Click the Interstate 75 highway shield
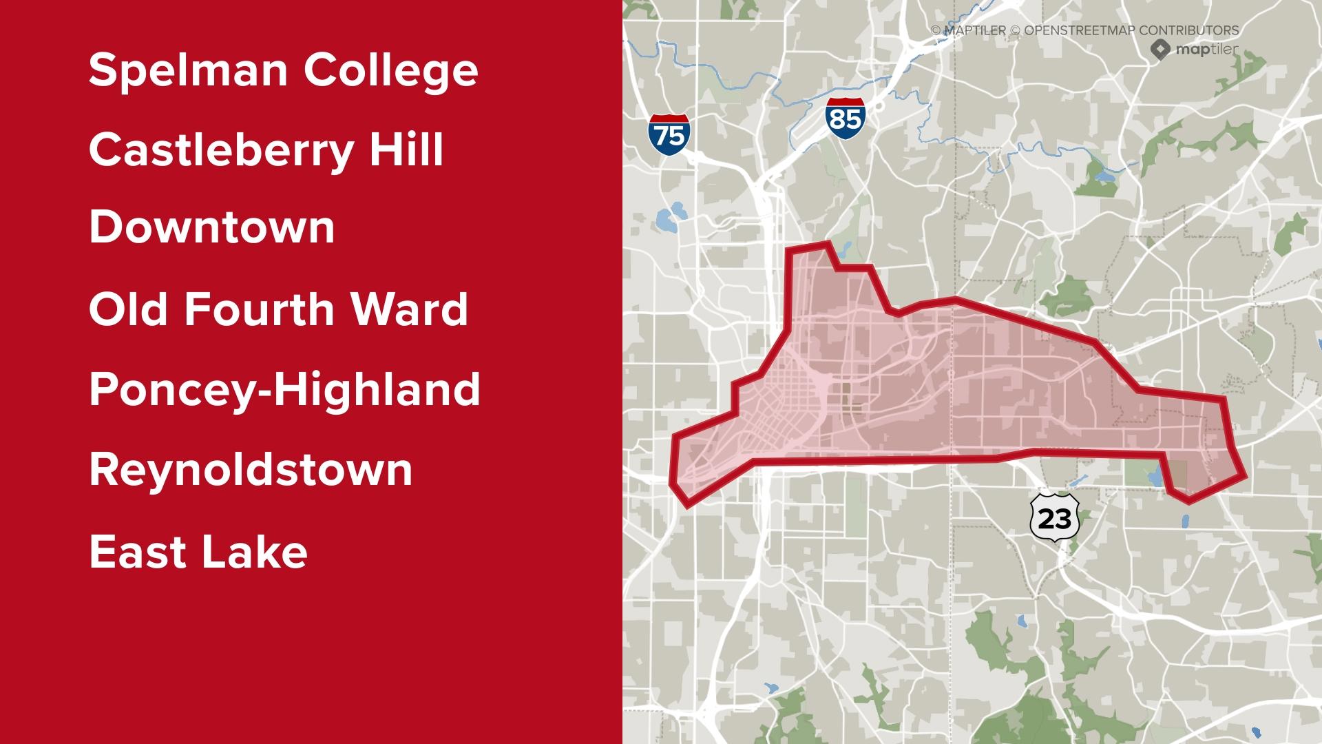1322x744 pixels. [669, 134]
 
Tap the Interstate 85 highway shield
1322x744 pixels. [845, 118]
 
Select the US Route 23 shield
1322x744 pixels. [1054, 517]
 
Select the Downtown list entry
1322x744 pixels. [211, 228]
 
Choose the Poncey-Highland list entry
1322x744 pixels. [284, 390]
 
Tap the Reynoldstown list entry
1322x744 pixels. [251, 470]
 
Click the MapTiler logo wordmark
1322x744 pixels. [1206, 50]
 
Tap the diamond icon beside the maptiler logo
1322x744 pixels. [1160, 49]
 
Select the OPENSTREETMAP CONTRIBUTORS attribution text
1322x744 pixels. [1131, 30]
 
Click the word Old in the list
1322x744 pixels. [128, 309]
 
